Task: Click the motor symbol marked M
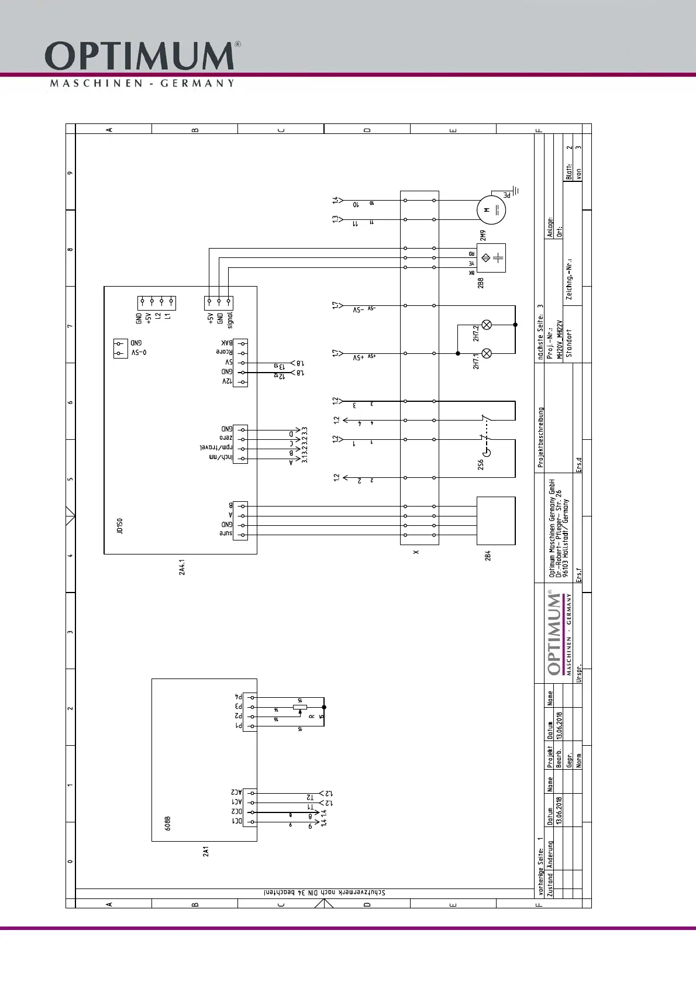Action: (x=491, y=210)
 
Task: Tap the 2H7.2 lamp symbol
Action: (x=486, y=325)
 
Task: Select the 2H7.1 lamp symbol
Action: (x=486, y=353)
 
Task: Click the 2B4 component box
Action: (x=496, y=521)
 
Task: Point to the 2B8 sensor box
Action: (x=491, y=258)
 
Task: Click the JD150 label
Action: (x=119, y=525)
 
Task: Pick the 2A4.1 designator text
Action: (x=182, y=567)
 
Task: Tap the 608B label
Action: (x=168, y=824)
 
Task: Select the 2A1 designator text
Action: (x=206, y=852)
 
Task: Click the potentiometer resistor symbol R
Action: (x=300, y=707)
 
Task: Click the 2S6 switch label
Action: (x=481, y=464)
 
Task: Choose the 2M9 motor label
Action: (x=483, y=235)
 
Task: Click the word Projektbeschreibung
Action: (x=541, y=438)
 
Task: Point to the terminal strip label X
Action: (x=416, y=552)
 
